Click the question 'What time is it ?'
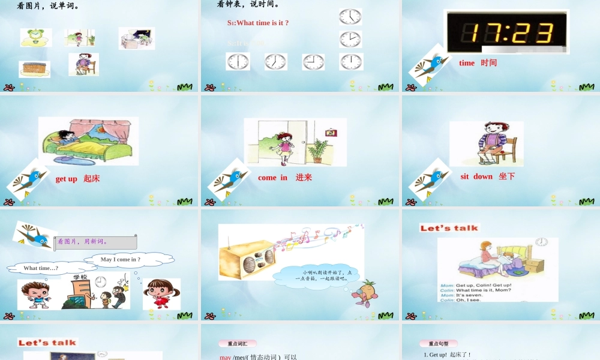pos(258,23)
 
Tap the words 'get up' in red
pos(66,179)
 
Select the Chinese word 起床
pos(92,179)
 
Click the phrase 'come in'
pos(272,178)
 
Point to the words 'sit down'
pos(476,176)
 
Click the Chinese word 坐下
pos(507,176)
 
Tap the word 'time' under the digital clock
pos(467,63)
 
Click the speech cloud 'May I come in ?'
pos(121,259)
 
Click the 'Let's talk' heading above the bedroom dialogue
pos(449,228)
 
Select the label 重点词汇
pos(237,344)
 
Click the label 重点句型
pos(438,344)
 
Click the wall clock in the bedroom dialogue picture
pos(542,242)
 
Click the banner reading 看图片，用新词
pos(96,242)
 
